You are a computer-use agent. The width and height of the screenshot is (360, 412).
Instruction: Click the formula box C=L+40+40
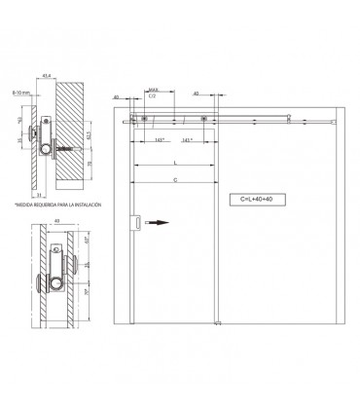[263, 199]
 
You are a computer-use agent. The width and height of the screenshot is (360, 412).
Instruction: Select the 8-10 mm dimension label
[21, 91]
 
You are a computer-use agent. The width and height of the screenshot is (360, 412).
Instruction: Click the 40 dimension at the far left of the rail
[116, 97]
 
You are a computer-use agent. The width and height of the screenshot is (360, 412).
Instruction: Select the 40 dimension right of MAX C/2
[197, 94]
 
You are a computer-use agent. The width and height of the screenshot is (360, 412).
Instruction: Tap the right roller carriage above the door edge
[205, 120]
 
